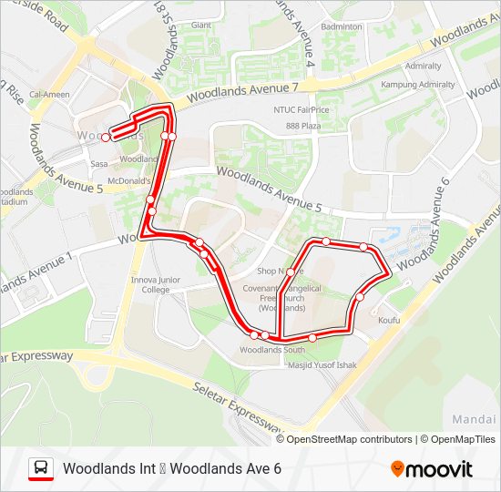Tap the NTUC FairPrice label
[300, 110]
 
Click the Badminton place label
[342, 27]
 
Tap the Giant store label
[201, 26]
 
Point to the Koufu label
[389, 321]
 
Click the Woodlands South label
[272, 350]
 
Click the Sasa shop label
[99, 164]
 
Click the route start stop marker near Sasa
[106, 138]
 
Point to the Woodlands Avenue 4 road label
[304, 36]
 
